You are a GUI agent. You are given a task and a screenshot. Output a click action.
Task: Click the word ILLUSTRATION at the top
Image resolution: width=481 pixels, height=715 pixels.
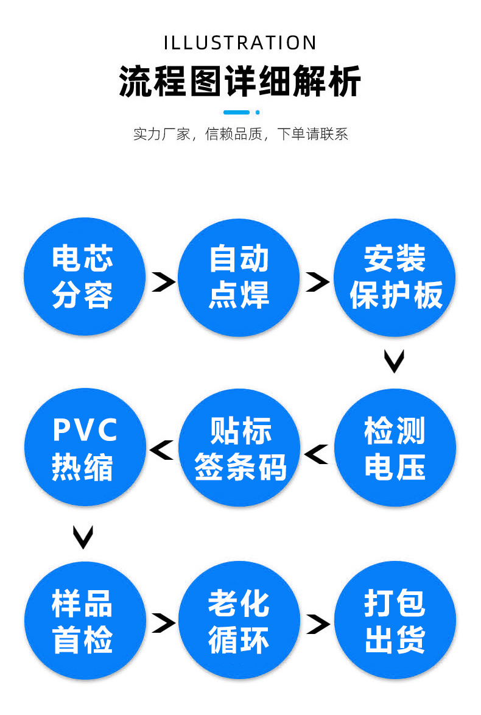tap(240, 43)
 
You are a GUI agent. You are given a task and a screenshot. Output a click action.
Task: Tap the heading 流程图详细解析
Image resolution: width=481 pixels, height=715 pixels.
tap(240, 81)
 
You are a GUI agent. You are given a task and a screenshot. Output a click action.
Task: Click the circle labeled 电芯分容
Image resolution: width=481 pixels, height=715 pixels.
tap(83, 277)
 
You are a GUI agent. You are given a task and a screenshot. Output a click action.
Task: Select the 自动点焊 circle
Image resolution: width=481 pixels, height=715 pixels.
tap(239, 277)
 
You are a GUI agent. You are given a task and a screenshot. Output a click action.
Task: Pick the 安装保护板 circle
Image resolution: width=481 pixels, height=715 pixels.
tap(395, 277)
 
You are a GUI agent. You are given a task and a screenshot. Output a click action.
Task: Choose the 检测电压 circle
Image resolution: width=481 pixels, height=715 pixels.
tap(395, 448)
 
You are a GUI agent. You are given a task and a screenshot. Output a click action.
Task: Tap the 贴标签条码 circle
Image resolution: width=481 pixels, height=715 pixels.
tap(240, 448)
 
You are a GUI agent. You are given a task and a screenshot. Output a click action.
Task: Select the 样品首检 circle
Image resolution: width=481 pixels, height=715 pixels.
tap(83, 621)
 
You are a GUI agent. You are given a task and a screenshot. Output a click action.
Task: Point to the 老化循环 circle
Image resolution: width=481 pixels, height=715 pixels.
tap(239, 621)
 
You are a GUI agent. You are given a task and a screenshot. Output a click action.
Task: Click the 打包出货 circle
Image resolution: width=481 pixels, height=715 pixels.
tap(395, 621)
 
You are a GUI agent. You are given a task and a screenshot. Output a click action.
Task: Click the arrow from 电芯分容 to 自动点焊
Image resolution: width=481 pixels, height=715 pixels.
tap(163, 282)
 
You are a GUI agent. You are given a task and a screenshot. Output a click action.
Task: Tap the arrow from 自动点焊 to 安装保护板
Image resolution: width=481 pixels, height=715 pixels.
tap(317, 282)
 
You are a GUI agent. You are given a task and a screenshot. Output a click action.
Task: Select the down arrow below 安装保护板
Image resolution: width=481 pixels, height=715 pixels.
tap(395, 361)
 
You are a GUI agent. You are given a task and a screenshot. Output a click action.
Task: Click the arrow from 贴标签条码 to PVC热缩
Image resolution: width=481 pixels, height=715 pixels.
tap(161, 450)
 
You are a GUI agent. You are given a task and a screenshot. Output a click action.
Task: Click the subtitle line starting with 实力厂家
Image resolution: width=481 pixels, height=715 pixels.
tap(240, 134)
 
